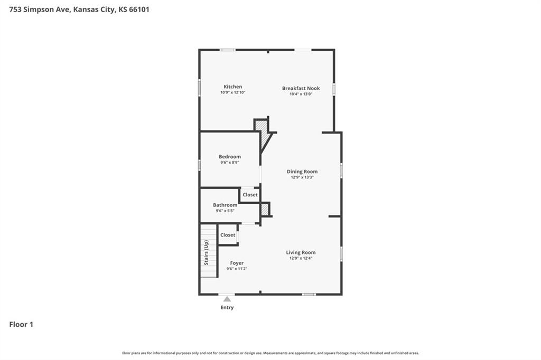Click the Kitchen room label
tap(233, 87)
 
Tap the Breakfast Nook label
tap(301, 88)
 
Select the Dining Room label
tap(302, 172)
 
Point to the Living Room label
tap(301, 252)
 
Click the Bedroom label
tap(230, 157)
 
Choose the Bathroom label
tap(225, 205)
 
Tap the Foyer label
tap(237, 263)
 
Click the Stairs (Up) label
tap(206, 253)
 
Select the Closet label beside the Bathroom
tap(250, 195)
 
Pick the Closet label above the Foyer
tap(228, 235)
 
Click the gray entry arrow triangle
tap(227, 299)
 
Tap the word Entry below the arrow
tap(227, 307)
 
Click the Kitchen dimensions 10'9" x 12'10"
tap(233, 92)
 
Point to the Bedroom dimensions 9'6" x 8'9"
tap(230, 163)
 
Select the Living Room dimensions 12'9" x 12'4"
tap(301, 258)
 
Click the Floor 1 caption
tap(21, 325)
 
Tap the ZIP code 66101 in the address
tap(139, 10)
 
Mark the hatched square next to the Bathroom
tap(264, 210)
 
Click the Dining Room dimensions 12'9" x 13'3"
tap(302, 177)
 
